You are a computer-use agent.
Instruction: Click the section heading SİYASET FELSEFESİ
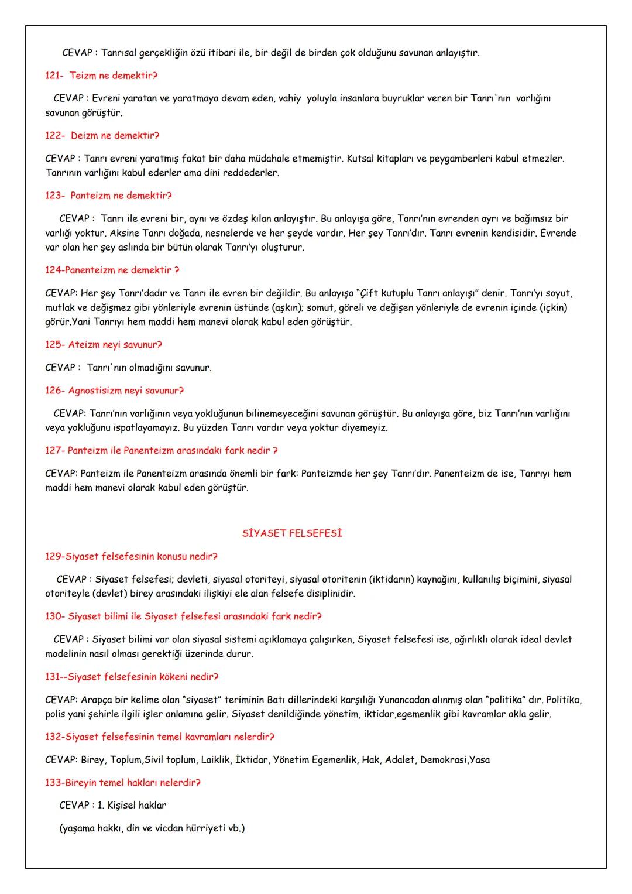click(x=292, y=533)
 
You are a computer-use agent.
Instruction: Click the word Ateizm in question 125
click(x=84, y=345)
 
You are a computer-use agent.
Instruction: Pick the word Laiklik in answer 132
click(x=215, y=759)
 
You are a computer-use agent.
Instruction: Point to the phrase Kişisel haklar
click(x=137, y=805)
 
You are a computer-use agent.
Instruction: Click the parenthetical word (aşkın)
click(x=286, y=307)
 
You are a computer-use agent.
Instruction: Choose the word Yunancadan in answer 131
click(x=404, y=700)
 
